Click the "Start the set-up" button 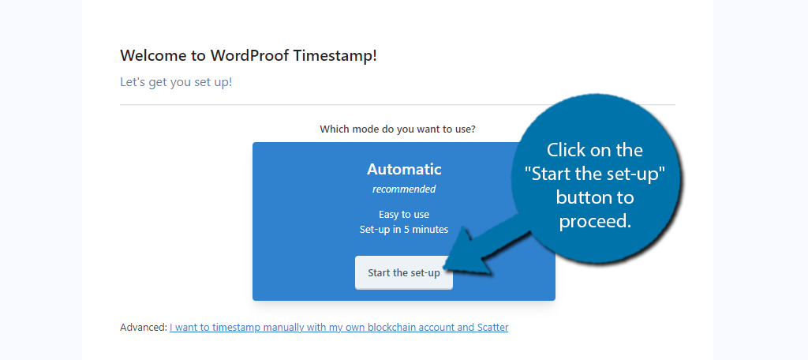pyautogui.click(x=404, y=273)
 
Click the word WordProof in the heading pyautogui.click(x=249, y=56)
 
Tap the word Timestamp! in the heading pyautogui.click(x=335, y=56)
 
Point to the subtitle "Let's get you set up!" pyautogui.click(x=176, y=82)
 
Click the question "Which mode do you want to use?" pyautogui.click(x=398, y=129)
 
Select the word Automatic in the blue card pyautogui.click(x=404, y=169)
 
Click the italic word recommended pyautogui.click(x=404, y=189)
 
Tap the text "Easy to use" pyautogui.click(x=404, y=215)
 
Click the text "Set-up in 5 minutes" pyautogui.click(x=404, y=230)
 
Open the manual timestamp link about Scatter pyautogui.click(x=339, y=327)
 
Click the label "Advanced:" pyautogui.click(x=144, y=327)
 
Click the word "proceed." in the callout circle pyautogui.click(x=595, y=222)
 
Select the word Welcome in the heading pyautogui.click(x=155, y=56)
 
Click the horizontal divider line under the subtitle pyautogui.click(x=398, y=105)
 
